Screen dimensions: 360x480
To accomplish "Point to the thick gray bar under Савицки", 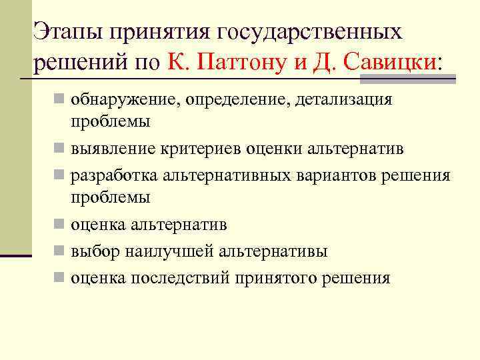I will click(x=407, y=80).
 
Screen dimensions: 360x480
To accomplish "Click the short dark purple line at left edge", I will click(x=16, y=255).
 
